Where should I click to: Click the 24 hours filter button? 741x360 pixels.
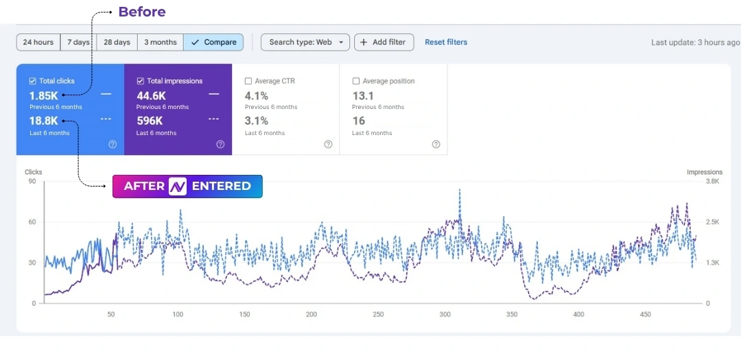click(x=38, y=43)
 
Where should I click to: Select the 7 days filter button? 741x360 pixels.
click(x=78, y=43)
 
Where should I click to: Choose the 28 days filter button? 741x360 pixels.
click(x=117, y=43)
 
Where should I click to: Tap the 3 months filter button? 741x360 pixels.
click(x=160, y=43)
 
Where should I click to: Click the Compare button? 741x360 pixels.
click(x=213, y=43)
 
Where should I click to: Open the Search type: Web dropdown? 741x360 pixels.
click(x=305, y=43)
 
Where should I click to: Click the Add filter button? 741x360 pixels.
click(x=384, y=43)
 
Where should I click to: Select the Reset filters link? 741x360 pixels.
click(x=446, y=43)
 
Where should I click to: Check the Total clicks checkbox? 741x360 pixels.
click(x=33, y=81)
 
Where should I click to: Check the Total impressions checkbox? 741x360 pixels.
click(x=141, y=81)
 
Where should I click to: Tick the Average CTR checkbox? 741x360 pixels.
click(x=248, y=81)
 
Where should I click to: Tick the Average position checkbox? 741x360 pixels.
click(x=356, y=81)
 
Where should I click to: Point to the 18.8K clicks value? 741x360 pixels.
click(x=43, y=121)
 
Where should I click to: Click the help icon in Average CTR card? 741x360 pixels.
click(x=328, y=145)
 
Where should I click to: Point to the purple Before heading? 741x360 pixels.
click(x=142, y=12)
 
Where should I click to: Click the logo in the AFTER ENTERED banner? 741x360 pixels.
click(x=178, y=186)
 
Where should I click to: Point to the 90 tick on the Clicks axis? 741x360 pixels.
click(x=32, y=182)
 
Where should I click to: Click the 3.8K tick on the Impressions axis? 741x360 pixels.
click(x=712, y=182)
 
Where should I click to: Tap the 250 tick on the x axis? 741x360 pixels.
click(x=378, y=315)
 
